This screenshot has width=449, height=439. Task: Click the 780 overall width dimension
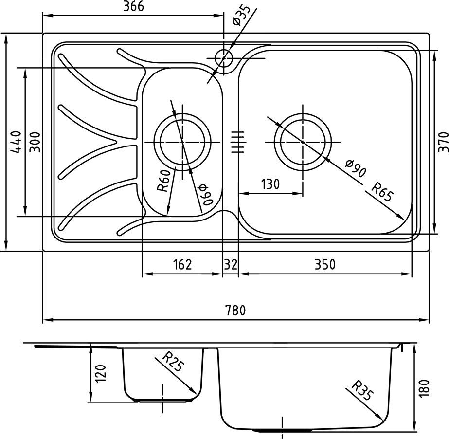point(235,311)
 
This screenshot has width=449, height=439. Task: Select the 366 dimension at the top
point(134,6)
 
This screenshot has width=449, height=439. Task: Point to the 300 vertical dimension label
point(35,142)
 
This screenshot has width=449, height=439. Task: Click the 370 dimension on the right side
point(443,142)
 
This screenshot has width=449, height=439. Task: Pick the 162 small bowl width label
point(182,264)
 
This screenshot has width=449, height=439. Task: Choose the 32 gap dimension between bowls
point(231,264)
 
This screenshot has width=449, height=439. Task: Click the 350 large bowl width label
point(325,264)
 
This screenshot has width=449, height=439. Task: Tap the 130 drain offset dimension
point(270,184)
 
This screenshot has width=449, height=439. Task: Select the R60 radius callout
point(164,181)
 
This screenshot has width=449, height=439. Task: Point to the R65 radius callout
point(382,192)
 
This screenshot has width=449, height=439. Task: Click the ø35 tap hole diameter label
point(241,15)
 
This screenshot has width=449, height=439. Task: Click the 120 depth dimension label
point(101,373)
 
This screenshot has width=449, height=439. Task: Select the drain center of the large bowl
point(303,142)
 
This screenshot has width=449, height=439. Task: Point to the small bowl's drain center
point(182,142)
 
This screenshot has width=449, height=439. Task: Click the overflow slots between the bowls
point(238,142)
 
